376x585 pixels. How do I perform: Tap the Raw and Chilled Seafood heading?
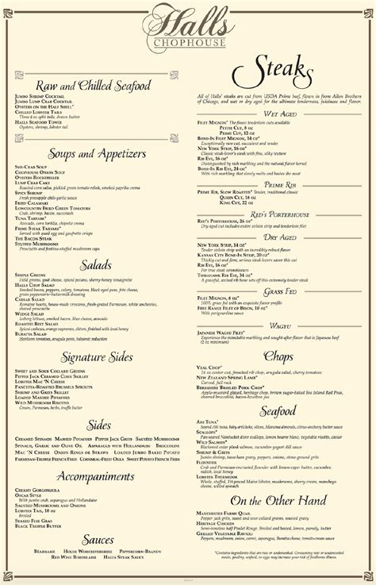(94, 85)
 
